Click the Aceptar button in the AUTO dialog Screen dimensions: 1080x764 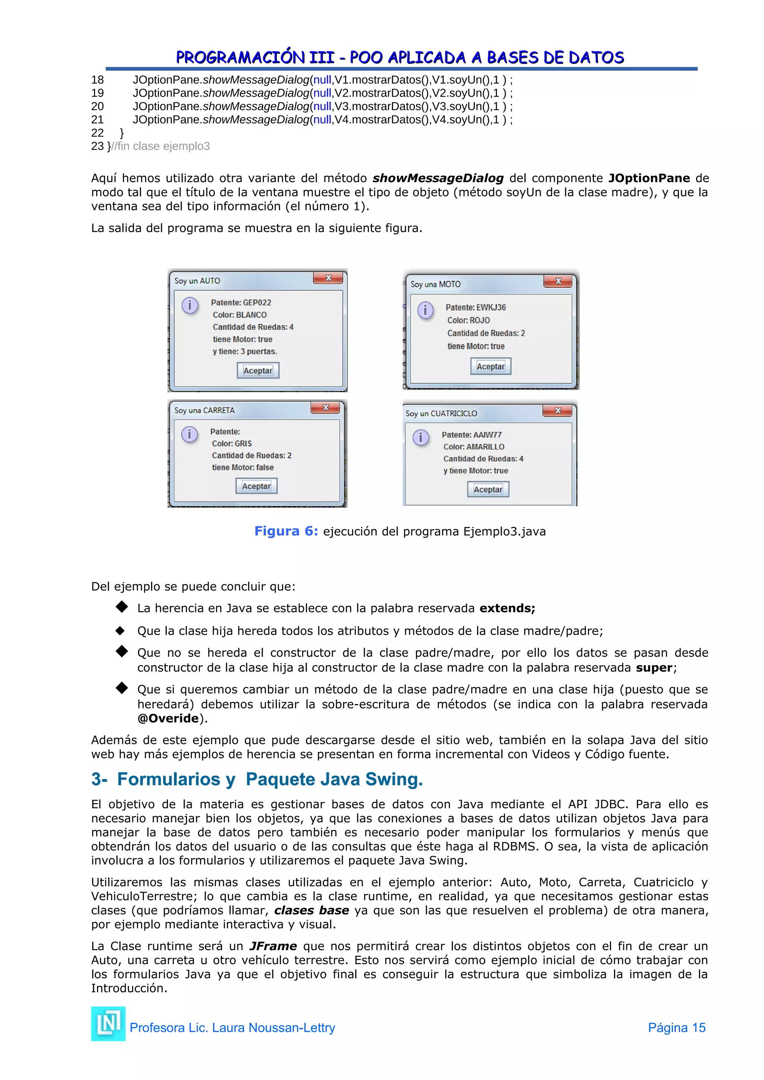[258, 370]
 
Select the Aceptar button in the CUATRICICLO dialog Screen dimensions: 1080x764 [488, 489]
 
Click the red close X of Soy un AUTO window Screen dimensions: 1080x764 [328, 278]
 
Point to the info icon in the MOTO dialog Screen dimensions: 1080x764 [425, 310]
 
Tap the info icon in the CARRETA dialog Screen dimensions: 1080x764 [190, 434]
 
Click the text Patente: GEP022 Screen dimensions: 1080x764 [241, 302]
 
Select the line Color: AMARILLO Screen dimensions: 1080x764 [474, 446]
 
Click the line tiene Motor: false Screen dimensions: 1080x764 [243, 467]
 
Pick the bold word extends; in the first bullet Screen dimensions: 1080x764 [507, 608]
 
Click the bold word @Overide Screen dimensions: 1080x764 [168, 718]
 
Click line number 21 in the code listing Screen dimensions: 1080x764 [97, 119]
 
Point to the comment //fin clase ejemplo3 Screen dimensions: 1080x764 [160, 146]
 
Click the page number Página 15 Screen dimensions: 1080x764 [676, 1027]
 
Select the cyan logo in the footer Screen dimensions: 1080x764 [108, 1024]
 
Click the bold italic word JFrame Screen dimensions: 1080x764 [273, 946]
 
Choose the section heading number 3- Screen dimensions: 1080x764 [99, 779]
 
